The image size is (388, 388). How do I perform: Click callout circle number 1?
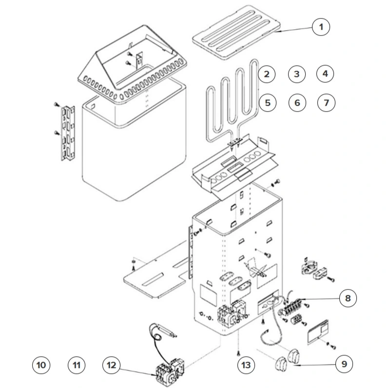pyautogui.click(x=320, y=26)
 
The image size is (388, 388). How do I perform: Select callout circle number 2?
pyautogui.click(x=266, y=74)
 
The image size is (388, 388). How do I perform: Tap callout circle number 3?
pyautogui.click(x=296, y=74)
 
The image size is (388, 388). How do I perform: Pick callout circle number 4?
pyautogui.click(x=326, y=74)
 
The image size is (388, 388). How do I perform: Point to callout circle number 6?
pyautogui.click(x=297, y=102)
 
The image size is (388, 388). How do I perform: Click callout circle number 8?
pyautogui.click(x=347, y=298)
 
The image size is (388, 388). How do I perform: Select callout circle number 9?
pyautogui.click(x=344, y=364)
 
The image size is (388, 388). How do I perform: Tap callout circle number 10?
pyautogui.click(x=41, y=364)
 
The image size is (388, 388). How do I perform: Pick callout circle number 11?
pyautogui.click(x=77, y=364)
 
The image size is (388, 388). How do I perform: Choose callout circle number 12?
pyautogui.click(x=112, y=364)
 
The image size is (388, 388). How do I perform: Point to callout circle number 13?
pyautogui.click(x=246, y=364)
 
